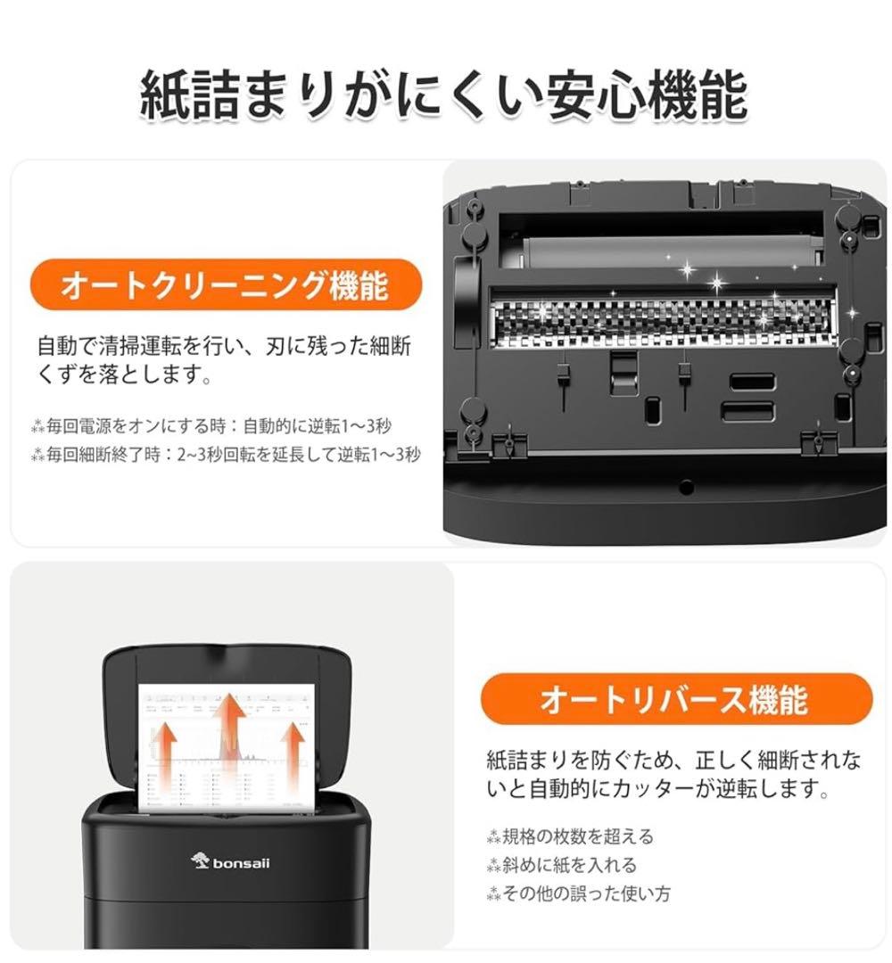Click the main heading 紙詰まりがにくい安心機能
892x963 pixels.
click(443, 95)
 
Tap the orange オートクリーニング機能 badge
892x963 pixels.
click(224, 286)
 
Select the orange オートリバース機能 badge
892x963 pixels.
click(674, 699)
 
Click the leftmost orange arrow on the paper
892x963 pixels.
click(164, 747)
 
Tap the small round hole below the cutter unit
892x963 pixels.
click(685, 487)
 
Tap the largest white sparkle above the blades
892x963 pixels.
click(716, 283)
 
